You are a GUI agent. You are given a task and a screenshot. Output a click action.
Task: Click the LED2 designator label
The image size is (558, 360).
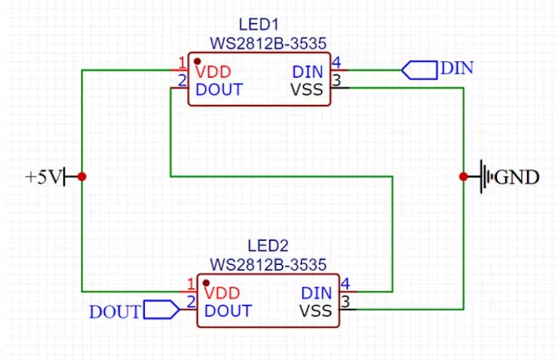[x=268, y=246]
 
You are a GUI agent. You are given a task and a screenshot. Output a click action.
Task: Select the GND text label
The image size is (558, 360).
[x=518, y=178]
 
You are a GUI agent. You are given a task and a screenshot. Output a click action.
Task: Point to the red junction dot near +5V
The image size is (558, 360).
[x=81, y=177]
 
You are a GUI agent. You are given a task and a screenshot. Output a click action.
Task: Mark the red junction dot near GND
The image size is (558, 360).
[x=463, y=177]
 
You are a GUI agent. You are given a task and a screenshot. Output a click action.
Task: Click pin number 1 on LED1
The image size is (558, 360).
[x=182, y=63]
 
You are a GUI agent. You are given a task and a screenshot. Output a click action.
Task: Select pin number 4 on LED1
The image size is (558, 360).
[x=336, y=63]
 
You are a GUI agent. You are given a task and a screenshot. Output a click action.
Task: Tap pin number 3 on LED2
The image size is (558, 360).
[x=346, y=302]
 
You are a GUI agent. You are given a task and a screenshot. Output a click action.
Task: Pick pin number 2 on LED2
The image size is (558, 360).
[x=191, y=302]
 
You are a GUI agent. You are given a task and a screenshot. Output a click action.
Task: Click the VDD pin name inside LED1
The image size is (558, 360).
[x=213, y=72]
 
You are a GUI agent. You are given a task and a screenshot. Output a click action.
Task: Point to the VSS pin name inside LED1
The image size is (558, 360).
[x=307, y=90]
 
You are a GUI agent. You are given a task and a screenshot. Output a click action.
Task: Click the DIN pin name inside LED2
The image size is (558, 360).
[x=317, y=294]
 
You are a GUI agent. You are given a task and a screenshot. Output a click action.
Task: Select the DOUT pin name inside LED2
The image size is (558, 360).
[x=228, y=311]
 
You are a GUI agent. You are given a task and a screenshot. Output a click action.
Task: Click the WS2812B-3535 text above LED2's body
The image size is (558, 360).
[x=268, y=265]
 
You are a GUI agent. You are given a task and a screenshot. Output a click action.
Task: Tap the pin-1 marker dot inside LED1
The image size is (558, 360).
[x=197, y=60]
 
